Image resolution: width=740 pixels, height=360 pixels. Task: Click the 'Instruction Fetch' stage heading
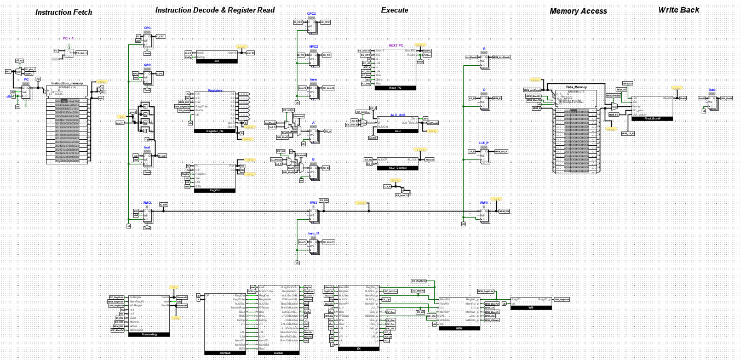pos(64,12)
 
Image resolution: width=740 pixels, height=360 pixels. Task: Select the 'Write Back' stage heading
pos(679,10)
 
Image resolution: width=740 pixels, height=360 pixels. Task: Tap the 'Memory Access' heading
pos(578,11)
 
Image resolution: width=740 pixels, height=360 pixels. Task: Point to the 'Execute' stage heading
pos(394,10)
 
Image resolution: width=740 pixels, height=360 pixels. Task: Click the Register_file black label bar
pos(215,131)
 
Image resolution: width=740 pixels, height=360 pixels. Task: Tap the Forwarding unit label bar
pos(149,334)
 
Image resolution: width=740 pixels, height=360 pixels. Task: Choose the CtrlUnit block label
pos(225,353)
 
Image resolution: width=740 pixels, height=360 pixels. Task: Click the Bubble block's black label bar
pos(278,353)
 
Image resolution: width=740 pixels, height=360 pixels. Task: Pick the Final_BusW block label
pos(656,118)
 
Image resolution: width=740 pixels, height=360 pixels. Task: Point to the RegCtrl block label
pos(215,191)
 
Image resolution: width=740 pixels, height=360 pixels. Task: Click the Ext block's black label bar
pos(216,61)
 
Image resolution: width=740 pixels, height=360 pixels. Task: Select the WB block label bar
pos(531,308)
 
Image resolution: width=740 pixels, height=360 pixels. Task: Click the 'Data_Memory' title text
pos(577,88)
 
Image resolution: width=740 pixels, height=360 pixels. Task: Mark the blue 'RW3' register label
pos(313,203)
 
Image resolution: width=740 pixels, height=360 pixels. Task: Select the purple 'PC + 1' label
pos(68,38)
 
